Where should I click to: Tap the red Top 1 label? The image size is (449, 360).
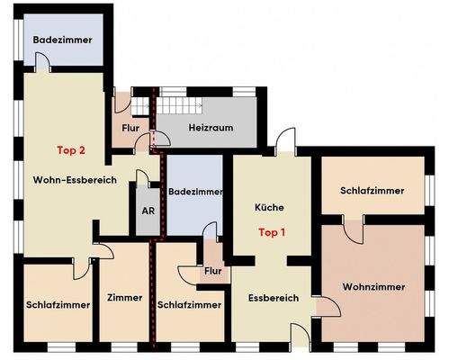point(271,231)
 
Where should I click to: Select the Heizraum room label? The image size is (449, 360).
point(211,128)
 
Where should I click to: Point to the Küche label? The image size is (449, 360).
point(271,207)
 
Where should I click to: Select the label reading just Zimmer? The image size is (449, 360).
point(124,297)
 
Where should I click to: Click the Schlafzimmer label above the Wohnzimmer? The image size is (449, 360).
point(373,191)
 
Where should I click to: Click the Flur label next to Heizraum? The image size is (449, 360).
point(130,128)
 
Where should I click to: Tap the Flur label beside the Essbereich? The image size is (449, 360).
point(213,270)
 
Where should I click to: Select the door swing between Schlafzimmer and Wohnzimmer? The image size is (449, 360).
point(352,227)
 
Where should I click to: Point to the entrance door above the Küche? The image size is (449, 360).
point(286,139)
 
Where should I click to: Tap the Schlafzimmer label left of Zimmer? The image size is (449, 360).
point(58,304)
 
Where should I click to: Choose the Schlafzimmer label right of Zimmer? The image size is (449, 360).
point(189,304)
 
